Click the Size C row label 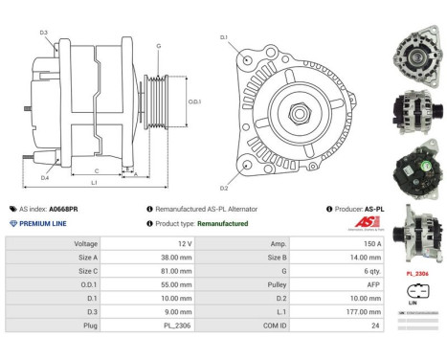(86, 271)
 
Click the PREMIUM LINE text (43, 223)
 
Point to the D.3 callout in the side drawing (44, 33)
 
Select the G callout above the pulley (158, 46)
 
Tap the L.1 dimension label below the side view (93, 182)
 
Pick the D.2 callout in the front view (223, 188)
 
